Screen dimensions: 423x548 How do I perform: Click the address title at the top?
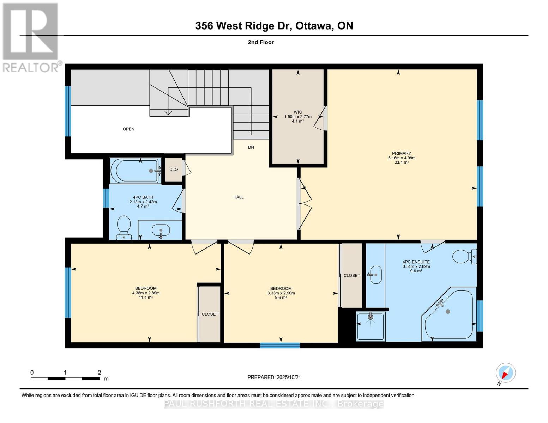click(x=274, y=26)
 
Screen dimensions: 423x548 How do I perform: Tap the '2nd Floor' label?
click(x=261, y=42)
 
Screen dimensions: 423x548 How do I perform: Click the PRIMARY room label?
click(x=401, y=153)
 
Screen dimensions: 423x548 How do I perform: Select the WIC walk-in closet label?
click(x=298, y=112)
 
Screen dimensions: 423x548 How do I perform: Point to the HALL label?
click(x=239, y=197)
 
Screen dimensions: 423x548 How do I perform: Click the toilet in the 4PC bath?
click(x=124, y=227)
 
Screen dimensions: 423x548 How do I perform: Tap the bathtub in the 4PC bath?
click(x=135, y=171)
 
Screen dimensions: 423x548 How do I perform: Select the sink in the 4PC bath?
click(x=161, y=231)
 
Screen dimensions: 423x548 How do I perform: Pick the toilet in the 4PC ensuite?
click(x=464, y=257)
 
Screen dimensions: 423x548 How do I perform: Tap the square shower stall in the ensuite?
click(x=370, y=326)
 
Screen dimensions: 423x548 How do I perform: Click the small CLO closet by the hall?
click(x=173, y=170)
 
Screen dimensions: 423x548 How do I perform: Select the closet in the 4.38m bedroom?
click(x=210, y=314)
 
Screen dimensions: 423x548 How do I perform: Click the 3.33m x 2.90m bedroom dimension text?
click(x=281, y=293)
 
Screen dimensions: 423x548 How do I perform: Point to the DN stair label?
click(x=251, y=147)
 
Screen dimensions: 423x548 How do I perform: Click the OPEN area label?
click(x=128, y=129)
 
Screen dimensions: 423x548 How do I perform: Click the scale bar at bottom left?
click(x=65, y=379)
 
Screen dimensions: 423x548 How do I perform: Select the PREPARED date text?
click(x=274, y=377)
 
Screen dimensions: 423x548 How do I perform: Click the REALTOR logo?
click(x=31, y=37)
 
